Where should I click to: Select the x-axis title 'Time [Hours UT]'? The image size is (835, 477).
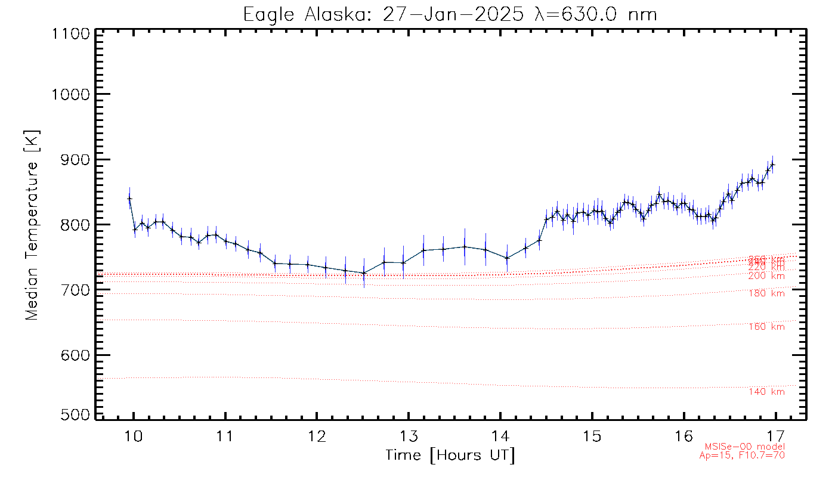[x=450, y=456]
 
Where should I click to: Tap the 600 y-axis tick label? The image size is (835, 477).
[x=74, y=355]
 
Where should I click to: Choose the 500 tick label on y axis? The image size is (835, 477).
[x=74, y=415]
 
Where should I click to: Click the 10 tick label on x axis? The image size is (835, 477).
[x=134, y=435]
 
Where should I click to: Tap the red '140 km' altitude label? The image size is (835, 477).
[x=766, y=392]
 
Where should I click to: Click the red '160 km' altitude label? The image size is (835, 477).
[x=766, y=327]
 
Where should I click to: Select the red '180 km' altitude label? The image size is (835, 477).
[x=766, y=293]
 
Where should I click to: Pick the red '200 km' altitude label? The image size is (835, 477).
[x=766, y=276]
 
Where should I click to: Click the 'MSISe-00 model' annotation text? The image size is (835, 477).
[x=744, y=447]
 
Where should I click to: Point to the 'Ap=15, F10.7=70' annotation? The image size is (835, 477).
[x=741, y=456]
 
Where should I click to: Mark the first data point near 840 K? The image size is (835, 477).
[x=129, y=199]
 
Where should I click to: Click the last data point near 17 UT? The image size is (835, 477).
[x=772, y=165]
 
